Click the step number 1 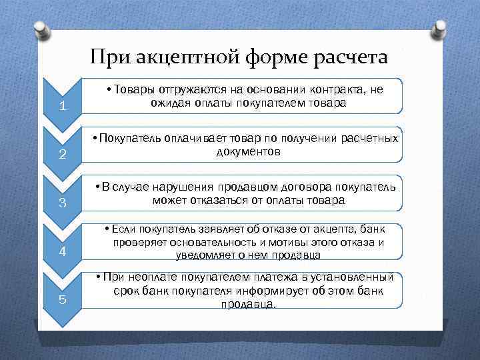61,107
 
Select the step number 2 61,155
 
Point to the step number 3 61,203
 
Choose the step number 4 61,251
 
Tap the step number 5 61,299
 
